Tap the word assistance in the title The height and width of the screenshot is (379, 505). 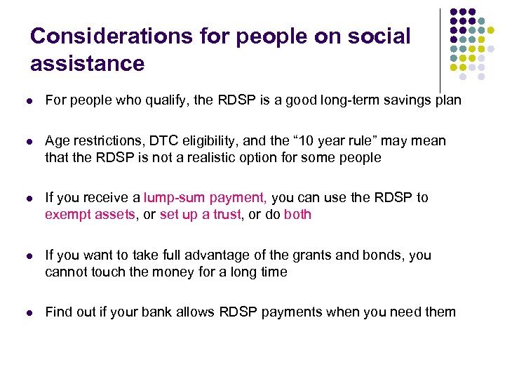click(87, 64)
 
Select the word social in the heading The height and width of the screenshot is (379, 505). click(379, 36)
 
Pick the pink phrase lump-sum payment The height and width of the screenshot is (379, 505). click(204, 198)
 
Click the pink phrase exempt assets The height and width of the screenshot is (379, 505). click(89, 214)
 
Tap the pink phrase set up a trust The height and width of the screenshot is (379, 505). click(198, 214)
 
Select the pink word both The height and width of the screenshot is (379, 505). click(297, 214)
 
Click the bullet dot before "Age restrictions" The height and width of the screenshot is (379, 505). click(29, 142)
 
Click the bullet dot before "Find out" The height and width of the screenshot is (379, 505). click(29, 313)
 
